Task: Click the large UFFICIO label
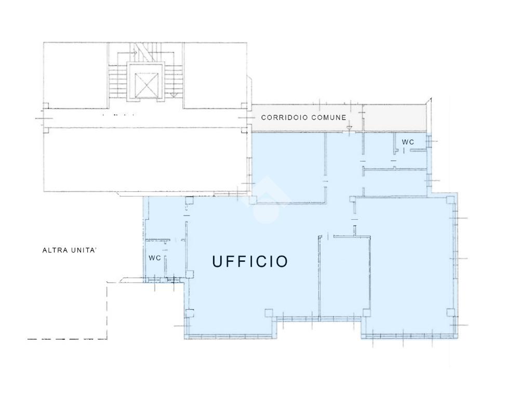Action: (250, 261)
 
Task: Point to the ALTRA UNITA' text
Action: (70, 250)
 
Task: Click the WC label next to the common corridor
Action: (408, 142)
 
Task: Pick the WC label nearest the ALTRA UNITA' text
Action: (155, 258)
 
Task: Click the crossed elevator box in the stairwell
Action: (147, 85)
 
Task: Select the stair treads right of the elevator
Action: (174, 82)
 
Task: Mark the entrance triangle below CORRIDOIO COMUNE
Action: (350, 128)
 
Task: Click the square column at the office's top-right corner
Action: (450, 200)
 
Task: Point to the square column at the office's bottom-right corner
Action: (450, 312)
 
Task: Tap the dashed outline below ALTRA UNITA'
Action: (107, 311)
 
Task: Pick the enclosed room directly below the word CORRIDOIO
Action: (288, 167)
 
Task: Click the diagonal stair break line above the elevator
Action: (142, 52)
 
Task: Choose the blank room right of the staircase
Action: (215, 75)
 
